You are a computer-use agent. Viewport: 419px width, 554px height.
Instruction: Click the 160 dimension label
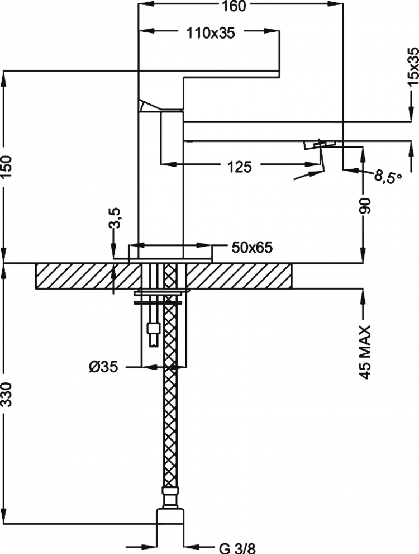235,6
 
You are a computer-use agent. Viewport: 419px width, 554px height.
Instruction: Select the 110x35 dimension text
211,33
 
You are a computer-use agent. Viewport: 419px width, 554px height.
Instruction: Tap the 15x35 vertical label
412,68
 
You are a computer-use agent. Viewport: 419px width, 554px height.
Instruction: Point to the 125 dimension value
240,167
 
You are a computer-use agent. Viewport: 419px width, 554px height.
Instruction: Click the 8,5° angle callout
388,175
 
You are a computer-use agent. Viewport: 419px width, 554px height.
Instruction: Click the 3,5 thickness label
116,218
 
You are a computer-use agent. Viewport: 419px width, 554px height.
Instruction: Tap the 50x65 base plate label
252,248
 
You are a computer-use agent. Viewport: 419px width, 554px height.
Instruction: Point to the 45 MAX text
366,352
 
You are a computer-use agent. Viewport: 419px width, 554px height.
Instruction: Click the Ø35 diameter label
103,367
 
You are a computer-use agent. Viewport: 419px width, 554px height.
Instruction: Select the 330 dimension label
7,394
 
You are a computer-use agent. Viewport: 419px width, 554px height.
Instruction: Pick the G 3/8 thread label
237,548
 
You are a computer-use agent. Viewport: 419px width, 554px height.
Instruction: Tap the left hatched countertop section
88,276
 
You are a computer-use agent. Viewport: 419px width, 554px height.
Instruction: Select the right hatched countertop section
239,276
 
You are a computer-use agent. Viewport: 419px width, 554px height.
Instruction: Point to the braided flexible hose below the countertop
171,389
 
